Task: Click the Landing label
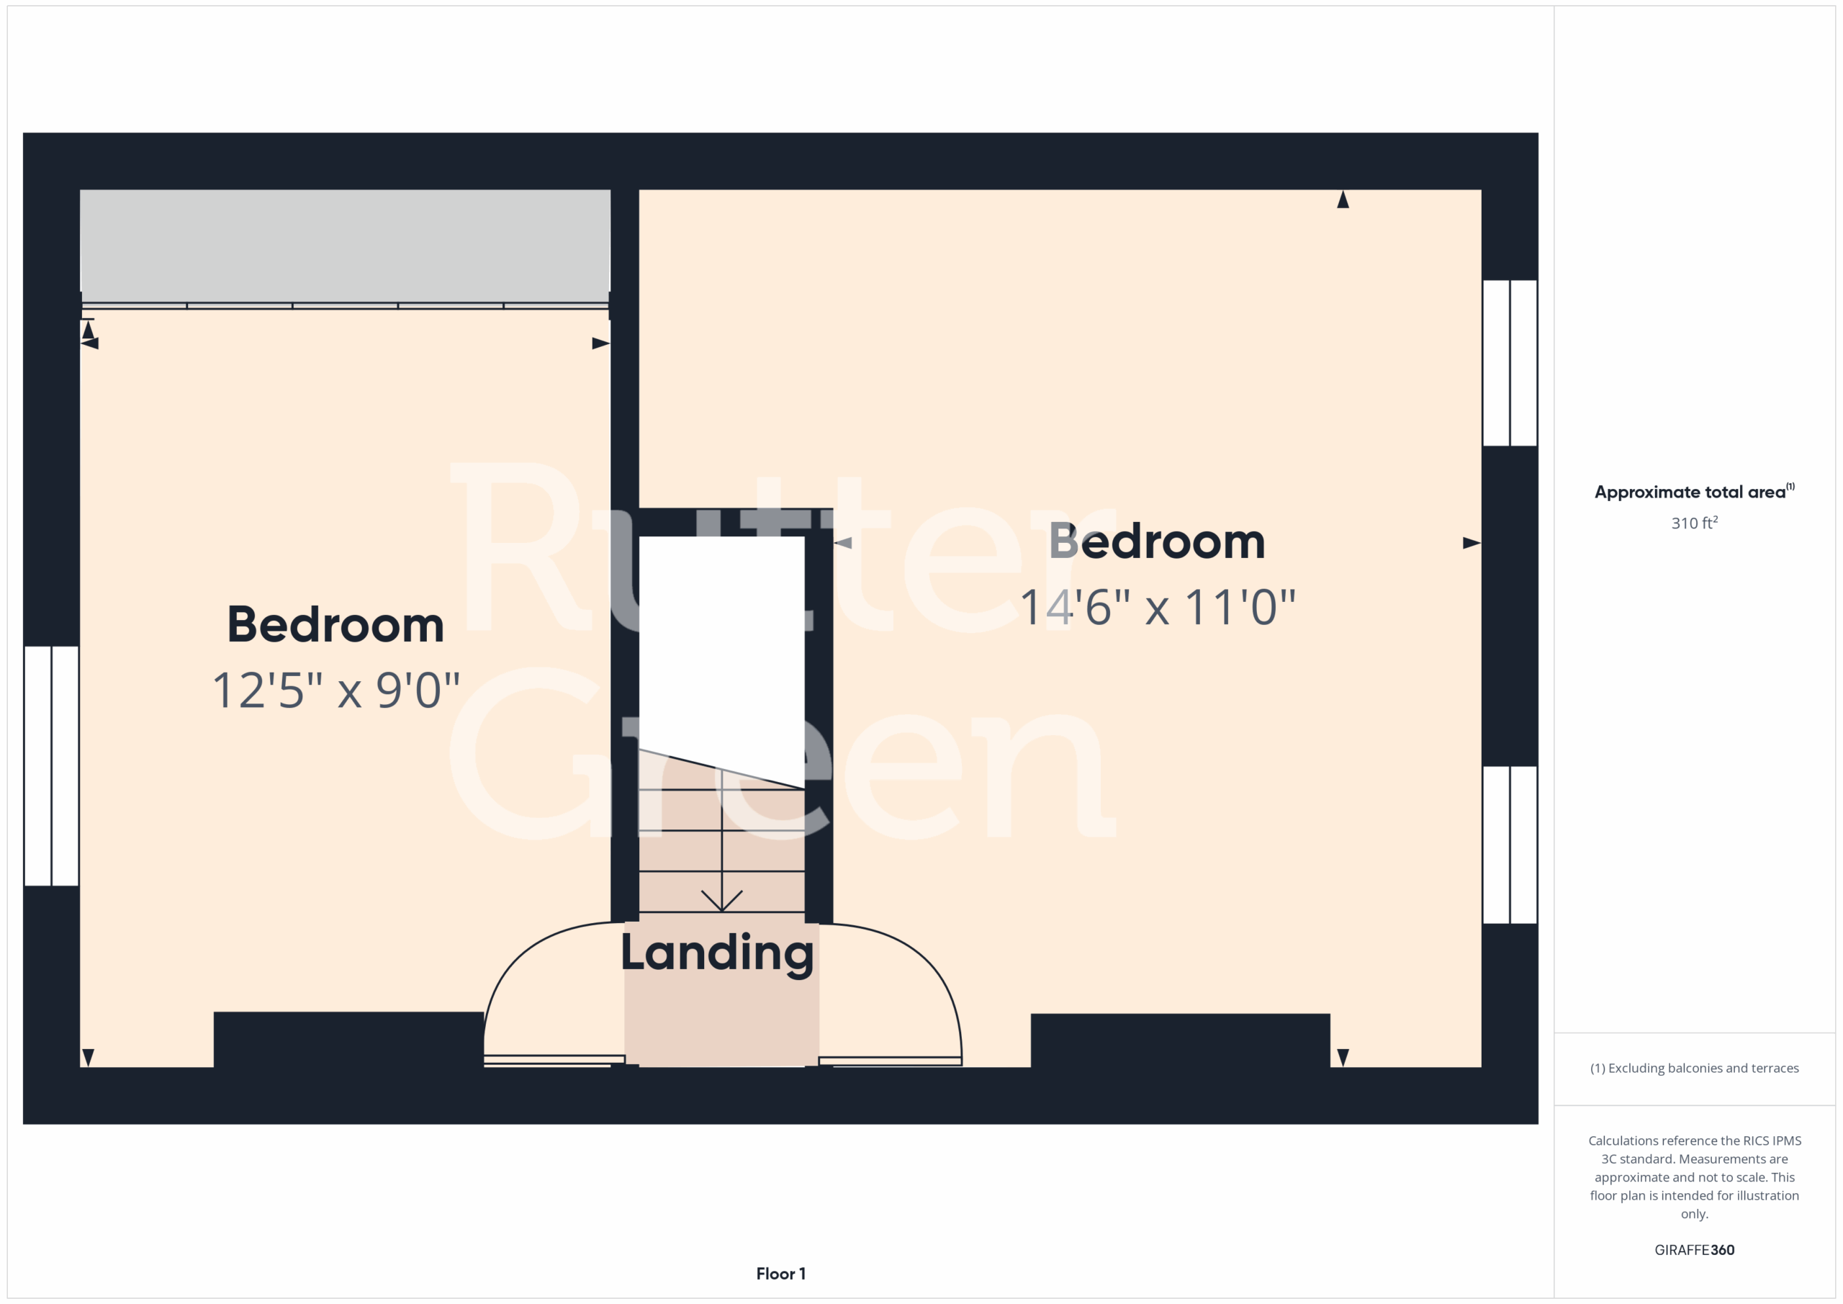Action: coord(718,953)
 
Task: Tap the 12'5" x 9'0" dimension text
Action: coord(336,691)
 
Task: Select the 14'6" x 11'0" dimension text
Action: coord(1158,607)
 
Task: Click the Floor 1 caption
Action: coord(781,1274)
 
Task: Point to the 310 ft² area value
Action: coord(1695,523)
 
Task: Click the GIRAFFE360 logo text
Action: coord(1695,1249)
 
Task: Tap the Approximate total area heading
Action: coord(1695,491)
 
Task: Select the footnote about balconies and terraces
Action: coord(1695,1068)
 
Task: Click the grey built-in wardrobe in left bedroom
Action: coord(345,246)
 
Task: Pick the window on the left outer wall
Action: coord(51,766)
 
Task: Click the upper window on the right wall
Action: coord(1510,363)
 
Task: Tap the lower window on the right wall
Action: coord(1510,845)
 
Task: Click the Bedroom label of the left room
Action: coord(335,625)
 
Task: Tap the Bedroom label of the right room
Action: coord(1158,541)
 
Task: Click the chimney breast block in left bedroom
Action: coord(348,1039)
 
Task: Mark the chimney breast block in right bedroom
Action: coord(1180,1040)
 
